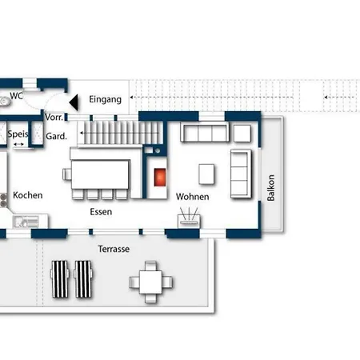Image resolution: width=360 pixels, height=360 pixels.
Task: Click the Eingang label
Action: coord(105,99)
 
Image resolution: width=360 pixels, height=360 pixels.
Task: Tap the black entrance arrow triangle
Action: coord(74,102)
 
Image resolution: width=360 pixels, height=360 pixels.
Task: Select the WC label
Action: coord(17,95)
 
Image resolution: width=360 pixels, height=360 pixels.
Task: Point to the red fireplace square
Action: coord(160,177)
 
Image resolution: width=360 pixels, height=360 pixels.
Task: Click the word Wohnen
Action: coord(192,197)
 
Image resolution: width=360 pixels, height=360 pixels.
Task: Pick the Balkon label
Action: coord(270,188)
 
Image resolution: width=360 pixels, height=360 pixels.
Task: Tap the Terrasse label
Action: coord(114,249)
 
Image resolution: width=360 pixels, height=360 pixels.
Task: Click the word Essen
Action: coord(101,212)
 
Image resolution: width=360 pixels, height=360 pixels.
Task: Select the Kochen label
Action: coord(28,195)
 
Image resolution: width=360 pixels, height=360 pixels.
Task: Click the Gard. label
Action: coord(56,136)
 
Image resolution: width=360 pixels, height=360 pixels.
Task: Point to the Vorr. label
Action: coord(54,117)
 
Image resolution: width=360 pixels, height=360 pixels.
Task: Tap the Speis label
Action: coord(18,134)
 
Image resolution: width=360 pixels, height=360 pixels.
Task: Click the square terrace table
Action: coord(150,282)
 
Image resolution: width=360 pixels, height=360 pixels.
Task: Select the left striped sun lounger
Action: coord(60,279)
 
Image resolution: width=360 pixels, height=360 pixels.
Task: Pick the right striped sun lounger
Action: coord(83,279)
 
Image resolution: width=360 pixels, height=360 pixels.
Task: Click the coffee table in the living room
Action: coord(206,174)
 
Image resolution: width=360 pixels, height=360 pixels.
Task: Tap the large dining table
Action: coord(101,174)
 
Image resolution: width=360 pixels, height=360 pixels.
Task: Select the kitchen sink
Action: coord(26,222)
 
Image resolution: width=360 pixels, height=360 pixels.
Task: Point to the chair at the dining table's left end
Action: coord(67,174)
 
